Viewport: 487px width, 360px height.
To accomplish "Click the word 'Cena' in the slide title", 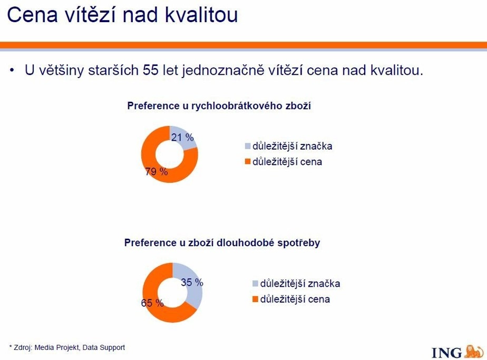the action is pos(32,14).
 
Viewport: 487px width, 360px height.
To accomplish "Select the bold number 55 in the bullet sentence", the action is pos(151,70).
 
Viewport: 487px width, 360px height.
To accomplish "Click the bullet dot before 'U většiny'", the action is pos(12,70).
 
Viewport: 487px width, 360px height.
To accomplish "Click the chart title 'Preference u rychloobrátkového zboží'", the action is pos(219,105).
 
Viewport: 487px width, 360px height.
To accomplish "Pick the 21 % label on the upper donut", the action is pos(182,137).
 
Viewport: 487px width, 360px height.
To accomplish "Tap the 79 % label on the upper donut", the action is pos(157,171).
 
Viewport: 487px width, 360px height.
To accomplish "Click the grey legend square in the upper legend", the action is pos(248,146).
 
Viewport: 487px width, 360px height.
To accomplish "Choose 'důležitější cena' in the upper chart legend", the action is pos(287,162).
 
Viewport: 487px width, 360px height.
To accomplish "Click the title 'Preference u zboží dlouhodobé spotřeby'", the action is pos(222,242).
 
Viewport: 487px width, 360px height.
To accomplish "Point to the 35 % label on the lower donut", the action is pos(192,283).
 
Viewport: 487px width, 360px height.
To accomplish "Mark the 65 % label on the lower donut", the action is pos(152,303).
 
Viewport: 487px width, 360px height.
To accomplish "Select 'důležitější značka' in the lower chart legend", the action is pos(300,284).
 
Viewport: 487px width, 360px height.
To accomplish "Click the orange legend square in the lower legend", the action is pos(255,299).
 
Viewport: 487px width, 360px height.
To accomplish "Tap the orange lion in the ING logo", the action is pos(474,351).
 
